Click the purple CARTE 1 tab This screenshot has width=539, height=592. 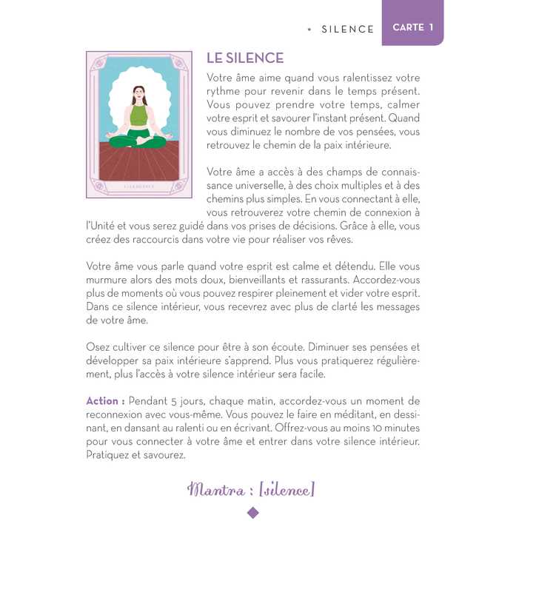(x=412, y=27)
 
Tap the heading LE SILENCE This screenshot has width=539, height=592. (x=244, y=58)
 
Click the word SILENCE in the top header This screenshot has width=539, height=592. (x=348, y=29)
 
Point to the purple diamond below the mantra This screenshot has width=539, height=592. (x=252, y=512)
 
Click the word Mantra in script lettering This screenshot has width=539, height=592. (x=216, y=489)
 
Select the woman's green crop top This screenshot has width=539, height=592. (x=138, y=115)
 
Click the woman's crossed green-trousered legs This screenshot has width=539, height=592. (x=138, y=140)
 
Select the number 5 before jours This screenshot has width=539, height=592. (x=172, y=401)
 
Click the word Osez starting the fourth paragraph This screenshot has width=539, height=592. (x=100, y=346)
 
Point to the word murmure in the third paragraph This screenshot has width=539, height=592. (x=109, y=280)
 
